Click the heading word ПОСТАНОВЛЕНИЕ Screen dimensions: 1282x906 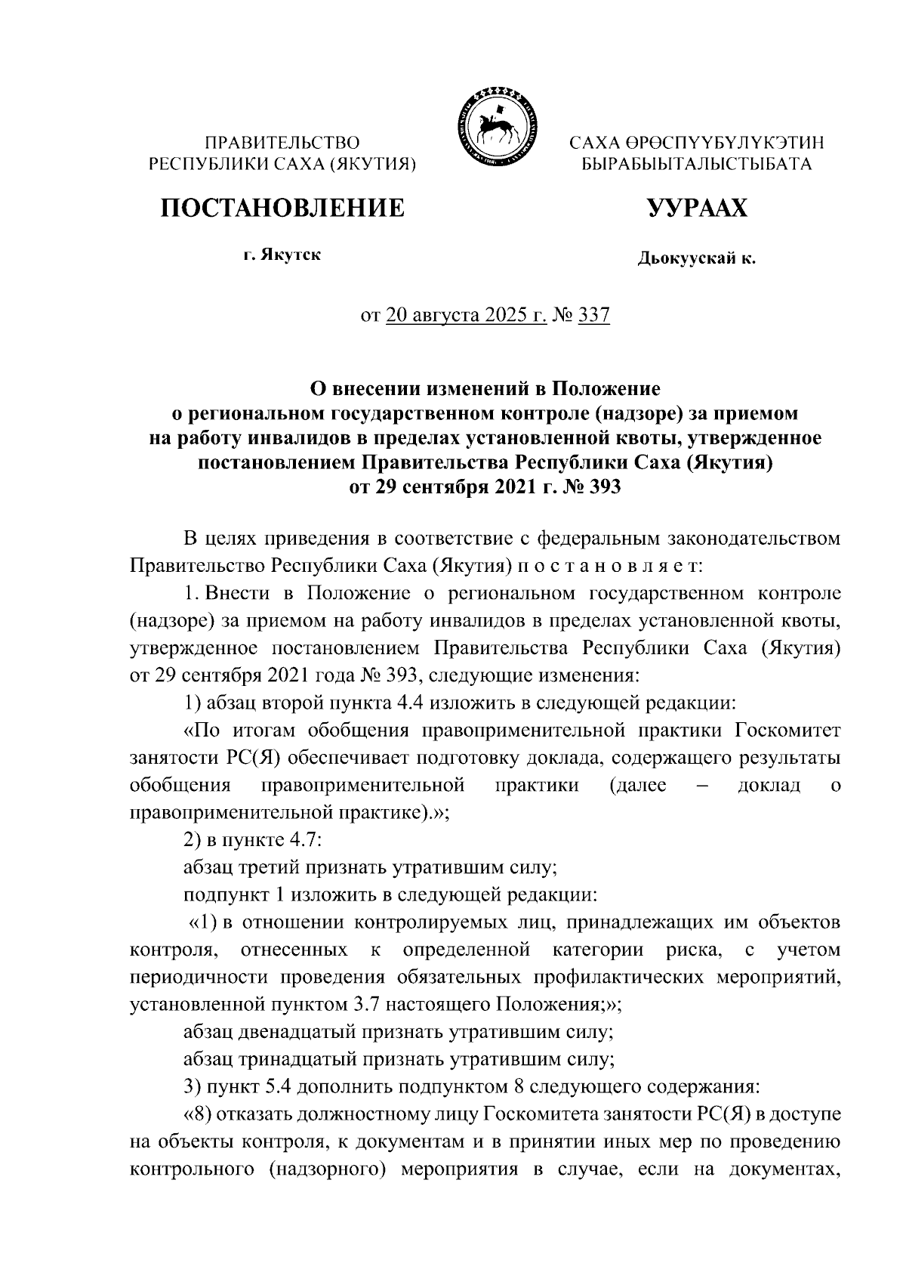(281, 208)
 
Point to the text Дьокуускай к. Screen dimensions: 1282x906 (696, 259)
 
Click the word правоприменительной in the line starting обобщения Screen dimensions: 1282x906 (362, 786)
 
